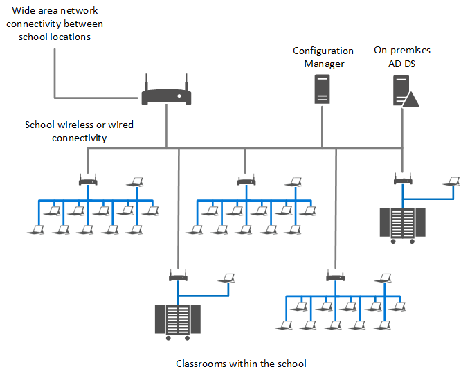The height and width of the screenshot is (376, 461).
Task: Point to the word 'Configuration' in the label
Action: click(323, 51)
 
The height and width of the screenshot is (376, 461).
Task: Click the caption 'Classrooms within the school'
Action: click(241, 364)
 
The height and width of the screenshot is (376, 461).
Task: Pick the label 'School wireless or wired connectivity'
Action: click(79, 132)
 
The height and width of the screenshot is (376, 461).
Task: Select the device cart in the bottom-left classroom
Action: click(178, 321)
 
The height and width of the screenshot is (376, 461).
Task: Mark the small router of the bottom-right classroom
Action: click(336, 277)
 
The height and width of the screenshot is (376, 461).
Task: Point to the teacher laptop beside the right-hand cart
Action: click(453, 181)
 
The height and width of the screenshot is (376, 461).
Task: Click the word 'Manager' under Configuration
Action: click(323, 64)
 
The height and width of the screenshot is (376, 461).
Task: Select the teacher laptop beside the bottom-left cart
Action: click(226, 278)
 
